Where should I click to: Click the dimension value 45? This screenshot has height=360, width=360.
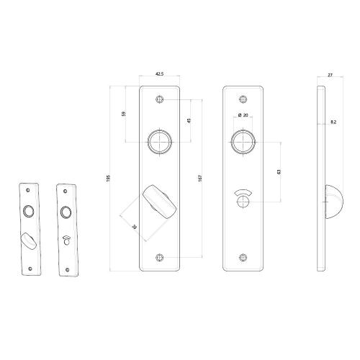click(188, 121)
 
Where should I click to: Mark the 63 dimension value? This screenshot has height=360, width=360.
click(278, 171)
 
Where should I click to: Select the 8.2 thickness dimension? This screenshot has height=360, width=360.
click(333, 122)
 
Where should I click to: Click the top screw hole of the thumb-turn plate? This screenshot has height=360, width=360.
click(160, 100)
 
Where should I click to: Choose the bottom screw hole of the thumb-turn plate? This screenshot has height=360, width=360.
click(160, 256)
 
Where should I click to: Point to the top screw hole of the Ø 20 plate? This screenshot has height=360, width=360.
click(244, 100)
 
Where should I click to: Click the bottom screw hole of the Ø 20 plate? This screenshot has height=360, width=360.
click(244, 256)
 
